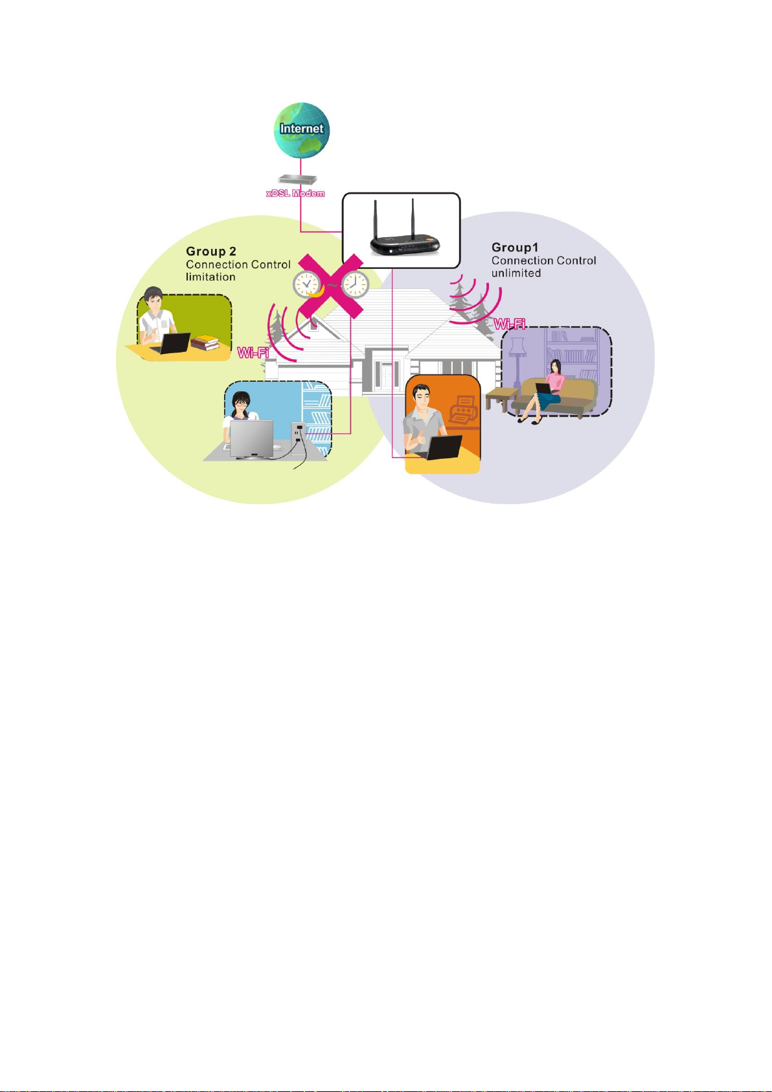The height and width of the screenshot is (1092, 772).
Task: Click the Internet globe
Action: tap(302, 130)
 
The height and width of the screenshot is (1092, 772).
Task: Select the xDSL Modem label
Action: tap(295, 194)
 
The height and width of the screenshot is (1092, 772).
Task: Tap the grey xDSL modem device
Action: tap(297, 180)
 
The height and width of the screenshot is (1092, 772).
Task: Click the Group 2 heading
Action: tap(211, 251)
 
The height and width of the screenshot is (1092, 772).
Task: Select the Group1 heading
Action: tap(514, 248)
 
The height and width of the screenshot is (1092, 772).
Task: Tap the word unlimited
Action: tap(516, 273)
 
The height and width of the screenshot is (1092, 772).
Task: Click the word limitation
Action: tap(210, 277)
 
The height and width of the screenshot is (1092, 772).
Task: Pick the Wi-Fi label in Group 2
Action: tap(253, 353)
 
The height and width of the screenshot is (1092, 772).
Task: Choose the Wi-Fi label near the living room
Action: tap(510, 323)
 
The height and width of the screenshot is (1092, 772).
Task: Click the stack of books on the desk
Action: tap(205, 343)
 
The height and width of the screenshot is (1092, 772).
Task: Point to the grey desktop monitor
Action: tap(251, 439)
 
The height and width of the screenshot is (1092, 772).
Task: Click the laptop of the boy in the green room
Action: tap(170, 343)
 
